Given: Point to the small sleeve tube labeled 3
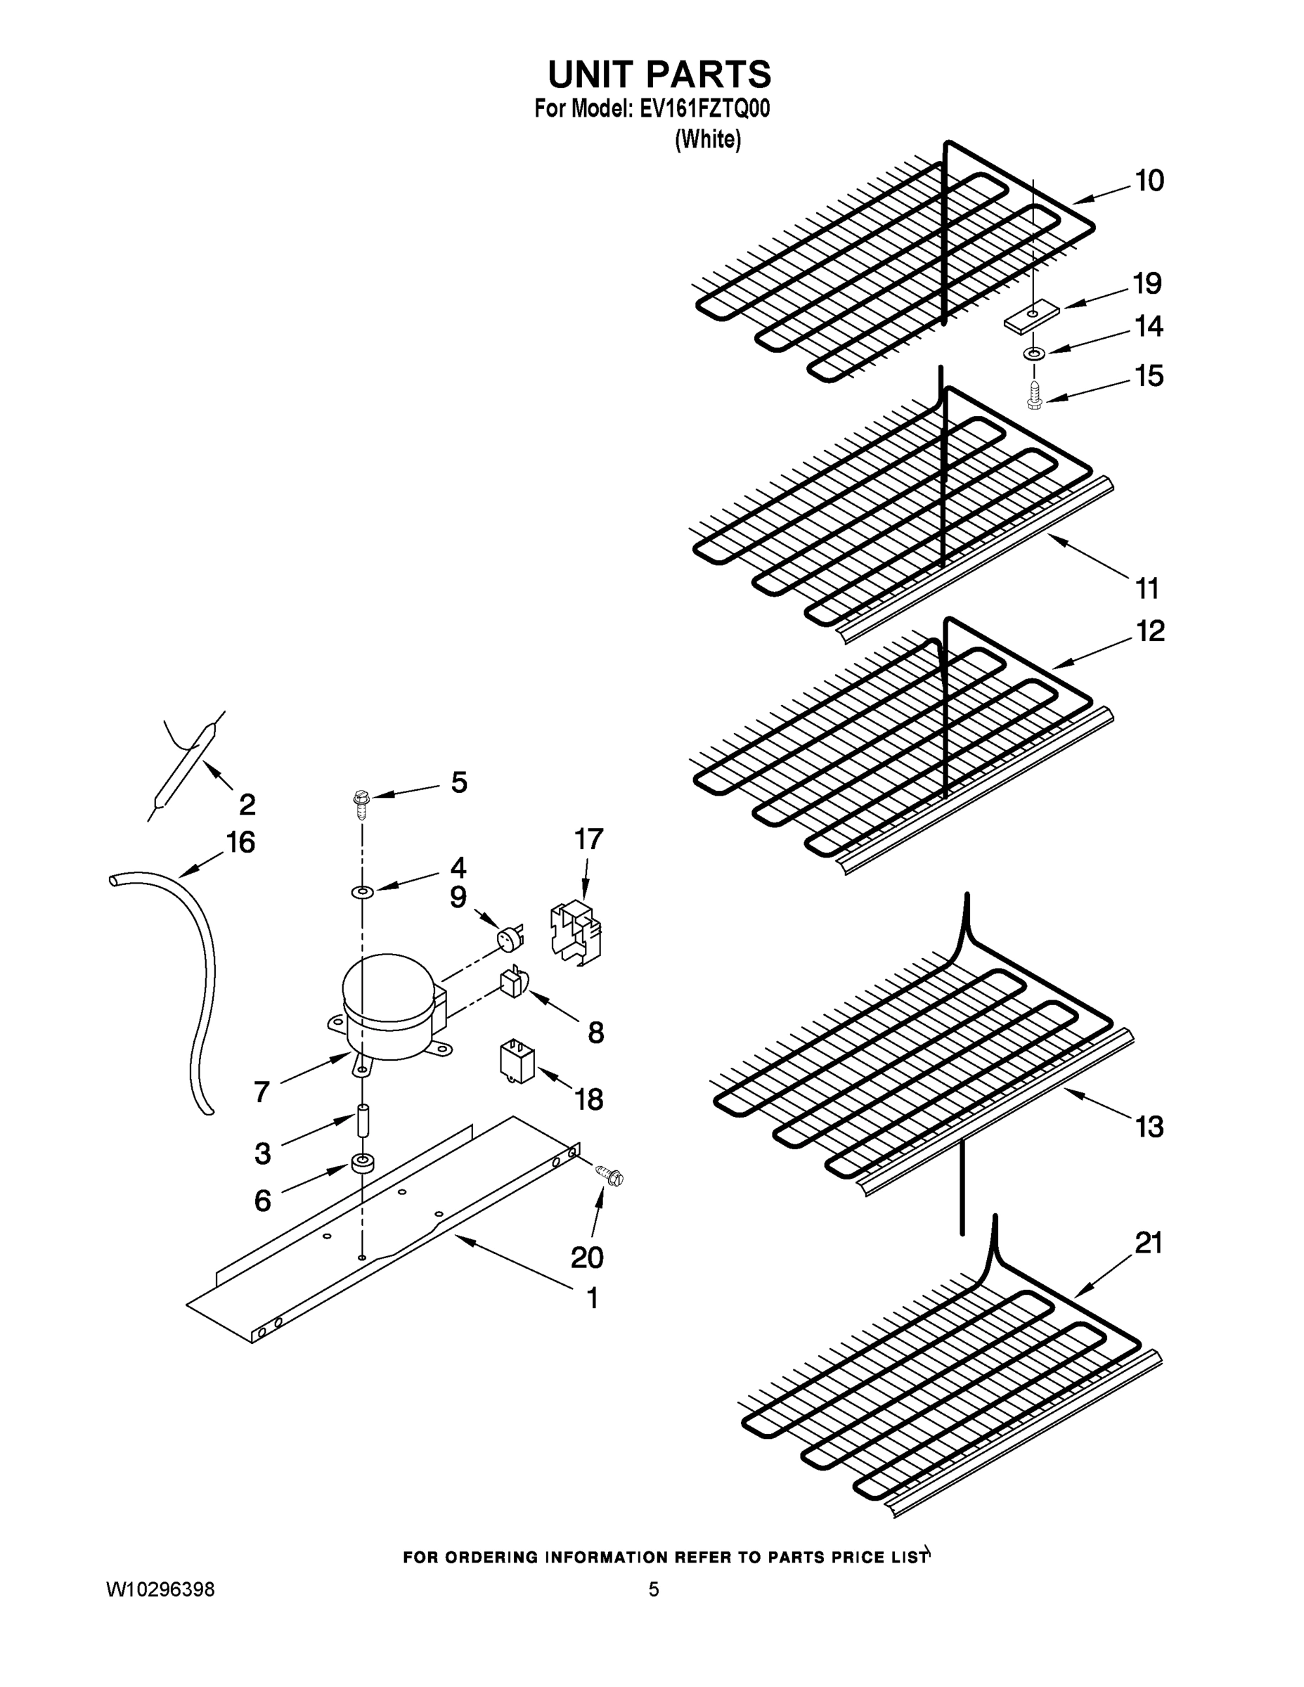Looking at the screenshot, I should click(361, 1122).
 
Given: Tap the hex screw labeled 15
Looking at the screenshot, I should click(1033, 397).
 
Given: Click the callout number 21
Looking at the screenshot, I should click(1148, 1243).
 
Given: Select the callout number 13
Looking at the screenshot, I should click(1149, 1127).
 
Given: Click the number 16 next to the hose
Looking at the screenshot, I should click(240, 842).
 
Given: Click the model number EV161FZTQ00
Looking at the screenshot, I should click(704, 109).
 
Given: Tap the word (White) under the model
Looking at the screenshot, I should click(708, 139).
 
